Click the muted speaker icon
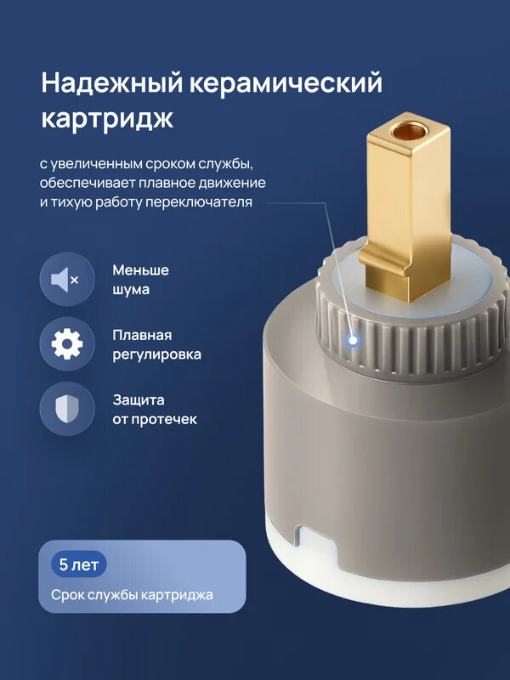(x=66, y=280)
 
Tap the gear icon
(x=66, y=344)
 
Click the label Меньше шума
(x=140, y=280)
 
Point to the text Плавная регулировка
(x=156, y=344)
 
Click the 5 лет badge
(x=78, y=564)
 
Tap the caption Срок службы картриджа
(x=132, y=595)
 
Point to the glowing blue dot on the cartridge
(x=352, y=341)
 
